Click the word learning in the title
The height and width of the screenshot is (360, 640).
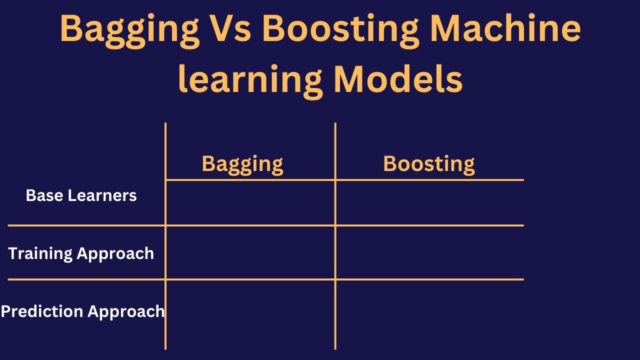(250, 80)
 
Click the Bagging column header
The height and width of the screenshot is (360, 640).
(242, 164)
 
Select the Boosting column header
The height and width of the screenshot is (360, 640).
(429, 164)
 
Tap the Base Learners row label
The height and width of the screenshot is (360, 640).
(81, 195)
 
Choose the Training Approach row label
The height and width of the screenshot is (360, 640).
(81, 253)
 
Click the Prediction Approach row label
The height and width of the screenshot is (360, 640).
(83, 311)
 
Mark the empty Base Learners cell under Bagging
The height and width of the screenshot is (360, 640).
(250, 202)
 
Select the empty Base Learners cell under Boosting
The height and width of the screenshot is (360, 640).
(429, 202)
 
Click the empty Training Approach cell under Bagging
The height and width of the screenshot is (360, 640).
(250, 252)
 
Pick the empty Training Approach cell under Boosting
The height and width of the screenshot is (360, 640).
(429, 252)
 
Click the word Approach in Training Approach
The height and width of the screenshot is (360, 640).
(115, 254)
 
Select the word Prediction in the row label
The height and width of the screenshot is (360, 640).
(41, 311)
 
